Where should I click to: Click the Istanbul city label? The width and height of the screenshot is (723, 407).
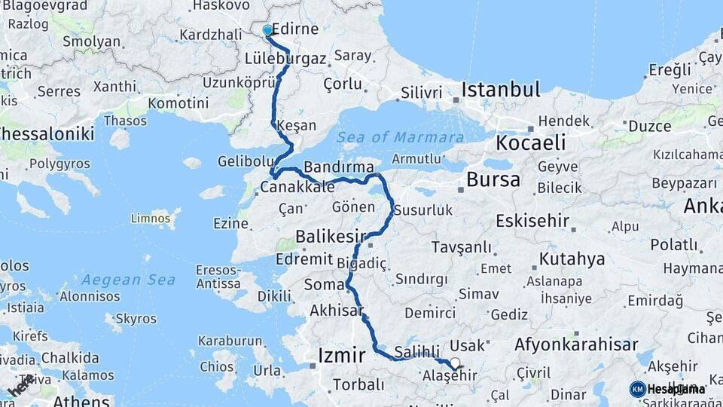[501, 90]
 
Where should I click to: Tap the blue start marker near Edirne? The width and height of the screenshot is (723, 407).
[267, 30]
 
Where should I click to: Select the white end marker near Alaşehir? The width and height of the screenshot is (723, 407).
[454, 363]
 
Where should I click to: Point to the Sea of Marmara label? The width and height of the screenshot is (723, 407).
[400, 137]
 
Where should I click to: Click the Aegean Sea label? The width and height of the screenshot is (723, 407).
[129, 280]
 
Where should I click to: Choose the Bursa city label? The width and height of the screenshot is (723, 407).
[493, 179]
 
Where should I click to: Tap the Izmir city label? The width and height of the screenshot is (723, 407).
[342, 355]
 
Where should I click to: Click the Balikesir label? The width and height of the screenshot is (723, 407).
[330, 237]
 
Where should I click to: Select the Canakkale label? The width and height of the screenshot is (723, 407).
[297, 187]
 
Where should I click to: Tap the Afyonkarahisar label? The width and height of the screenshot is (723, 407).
[576, 345]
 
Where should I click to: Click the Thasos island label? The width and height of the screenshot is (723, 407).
[125, 121]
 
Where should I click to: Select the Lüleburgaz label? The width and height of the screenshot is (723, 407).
[285, 58]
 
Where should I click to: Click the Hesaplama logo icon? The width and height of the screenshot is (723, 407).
[637, 389]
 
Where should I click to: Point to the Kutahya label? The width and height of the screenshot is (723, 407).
[572, 259]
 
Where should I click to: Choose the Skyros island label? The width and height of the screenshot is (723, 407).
[136, 318]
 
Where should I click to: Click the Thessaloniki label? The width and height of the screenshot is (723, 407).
[47, 134]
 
